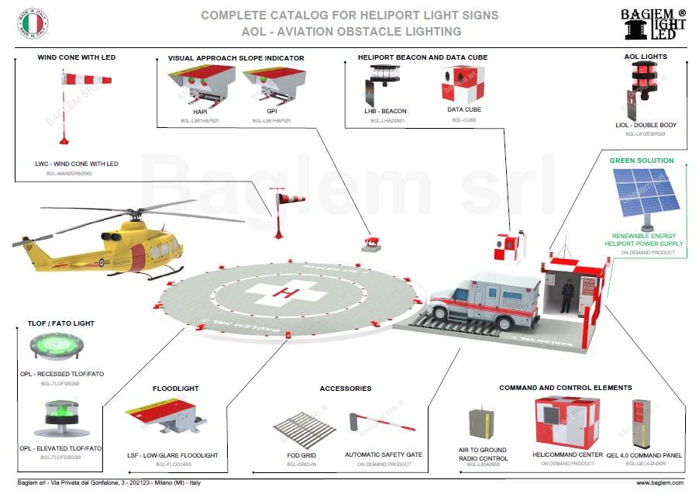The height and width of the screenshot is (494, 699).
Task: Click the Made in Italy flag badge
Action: click(x=30, y=25)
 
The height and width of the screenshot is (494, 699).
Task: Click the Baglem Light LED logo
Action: click(x=653, y=23)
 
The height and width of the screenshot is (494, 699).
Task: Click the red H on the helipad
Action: click(x=289, y=293)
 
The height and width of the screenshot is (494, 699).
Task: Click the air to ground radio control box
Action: click(x=481, y=423)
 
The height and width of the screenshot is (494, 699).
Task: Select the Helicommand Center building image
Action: click(x=569, y=422)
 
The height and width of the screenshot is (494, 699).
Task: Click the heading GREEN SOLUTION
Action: click(x=641, y=161)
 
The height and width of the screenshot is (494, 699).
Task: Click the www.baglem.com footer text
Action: click(x=659, y=483)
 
